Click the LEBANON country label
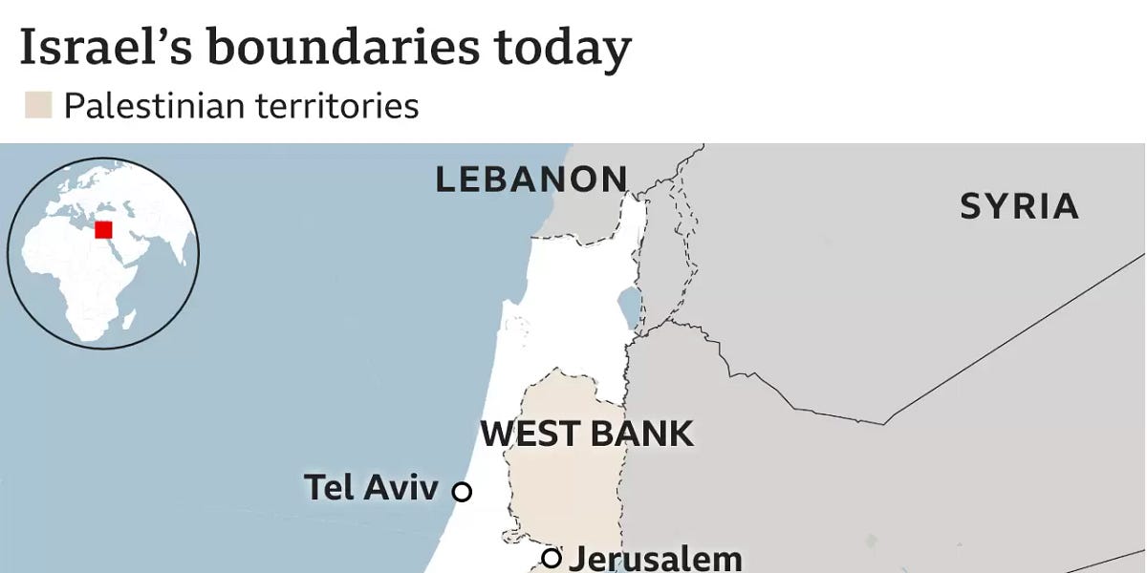tap(531, 180)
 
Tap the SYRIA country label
tap(1019, 206)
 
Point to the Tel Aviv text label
tap(371, 487)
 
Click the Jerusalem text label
tap(655, 559)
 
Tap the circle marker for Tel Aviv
tap(462, 492)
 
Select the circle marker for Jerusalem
tap(551, 558)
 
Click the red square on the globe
tap(103, 229)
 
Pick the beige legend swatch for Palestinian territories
tap(38, 105)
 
